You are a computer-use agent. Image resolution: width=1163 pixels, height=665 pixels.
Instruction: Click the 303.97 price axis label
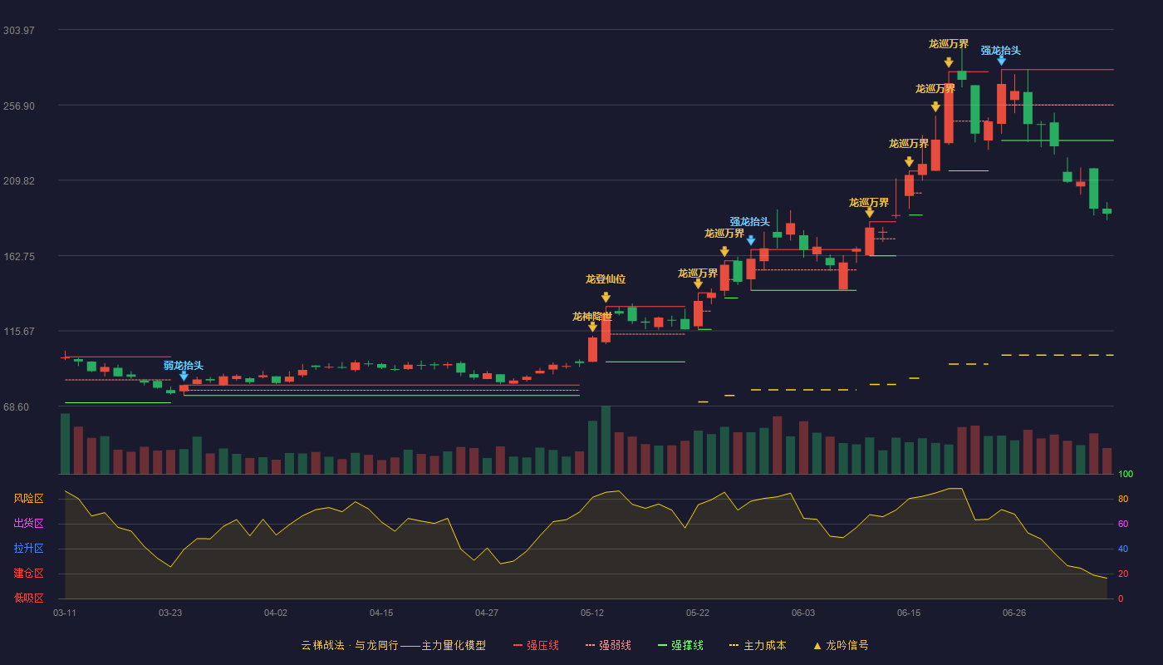click(x=18, y=31)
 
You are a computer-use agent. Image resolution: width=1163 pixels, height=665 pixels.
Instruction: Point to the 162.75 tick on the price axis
click(x=18, y=257)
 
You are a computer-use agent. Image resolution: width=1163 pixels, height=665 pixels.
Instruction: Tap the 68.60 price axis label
click(x=16, y=407)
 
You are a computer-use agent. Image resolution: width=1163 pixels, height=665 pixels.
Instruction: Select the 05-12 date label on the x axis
click(x=591, y=613)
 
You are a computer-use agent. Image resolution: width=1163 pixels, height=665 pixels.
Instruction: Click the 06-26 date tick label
click(x=1014, y=613)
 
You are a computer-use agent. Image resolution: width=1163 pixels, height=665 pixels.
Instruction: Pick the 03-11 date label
click(x=65, y=613)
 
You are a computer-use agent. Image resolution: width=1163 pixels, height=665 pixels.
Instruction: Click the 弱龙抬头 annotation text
click(x=184, y=365)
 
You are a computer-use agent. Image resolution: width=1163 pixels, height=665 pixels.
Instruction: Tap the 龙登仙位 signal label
click(x=606, y=279)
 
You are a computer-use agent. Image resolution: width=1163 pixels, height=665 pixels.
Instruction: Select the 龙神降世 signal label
click(x=591, y=317)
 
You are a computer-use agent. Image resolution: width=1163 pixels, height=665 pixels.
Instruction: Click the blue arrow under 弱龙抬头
click(x=184, y=376)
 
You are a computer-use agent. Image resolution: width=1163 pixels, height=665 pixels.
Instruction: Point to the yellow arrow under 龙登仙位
click(x=606, y=298)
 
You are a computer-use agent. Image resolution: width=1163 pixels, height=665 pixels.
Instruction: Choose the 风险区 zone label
click(x=28, y=499)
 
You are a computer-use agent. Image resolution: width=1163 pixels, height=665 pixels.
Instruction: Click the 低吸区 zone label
click(x=28, y=598)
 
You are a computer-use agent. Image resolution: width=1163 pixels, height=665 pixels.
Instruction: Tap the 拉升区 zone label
click(x=28, y=548)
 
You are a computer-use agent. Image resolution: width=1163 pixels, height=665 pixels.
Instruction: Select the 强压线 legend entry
click(x=536, y=645)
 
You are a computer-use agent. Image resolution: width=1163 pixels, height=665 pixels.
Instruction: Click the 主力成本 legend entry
click(x=758, y=645)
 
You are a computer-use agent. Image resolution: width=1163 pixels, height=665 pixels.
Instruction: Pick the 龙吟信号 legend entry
click(x=841, y=645)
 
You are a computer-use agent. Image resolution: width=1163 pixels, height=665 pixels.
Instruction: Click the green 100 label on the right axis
click(x=1126, y=474)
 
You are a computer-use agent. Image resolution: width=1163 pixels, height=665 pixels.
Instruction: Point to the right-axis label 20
click(x=1123, y=574)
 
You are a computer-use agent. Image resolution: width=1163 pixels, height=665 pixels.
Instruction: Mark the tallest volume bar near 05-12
click(x=606, y=440)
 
